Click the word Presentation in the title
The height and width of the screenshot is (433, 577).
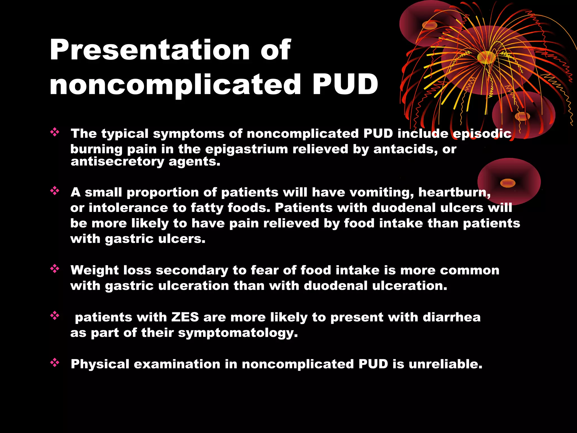(149, 50)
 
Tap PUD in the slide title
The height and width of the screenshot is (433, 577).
(345, 84)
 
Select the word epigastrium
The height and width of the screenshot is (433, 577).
(247, 149)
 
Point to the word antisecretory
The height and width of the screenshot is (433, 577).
(117, 162)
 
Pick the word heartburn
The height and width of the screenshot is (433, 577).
(454, 193)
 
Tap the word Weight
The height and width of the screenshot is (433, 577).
(95, 271)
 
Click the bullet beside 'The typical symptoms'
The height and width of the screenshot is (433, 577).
(55, 132)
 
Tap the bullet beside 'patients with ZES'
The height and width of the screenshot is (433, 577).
(55, 315)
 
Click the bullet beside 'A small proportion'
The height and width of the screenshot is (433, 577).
(55, 191)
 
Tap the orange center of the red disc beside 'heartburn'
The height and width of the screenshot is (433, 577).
(507, 183)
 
